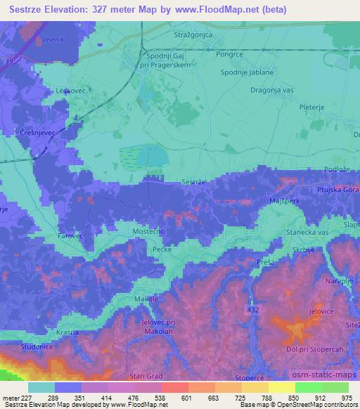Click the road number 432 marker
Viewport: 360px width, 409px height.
pyautogui.click(x=253, y=309)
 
